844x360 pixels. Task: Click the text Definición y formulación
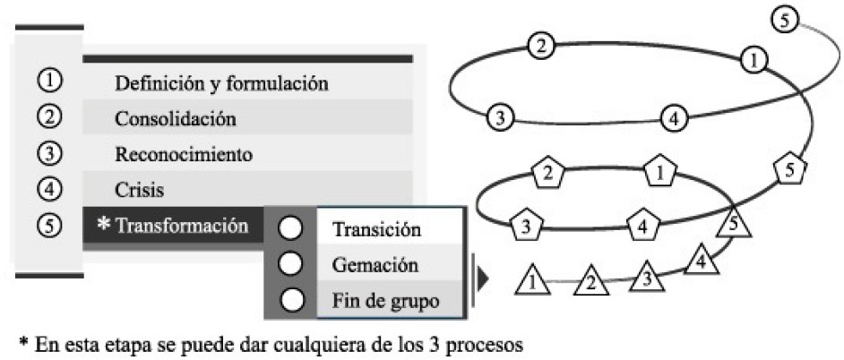point(221,85)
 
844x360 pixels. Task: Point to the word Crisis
point(140,190)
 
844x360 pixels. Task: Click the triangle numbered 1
point(532,281)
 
